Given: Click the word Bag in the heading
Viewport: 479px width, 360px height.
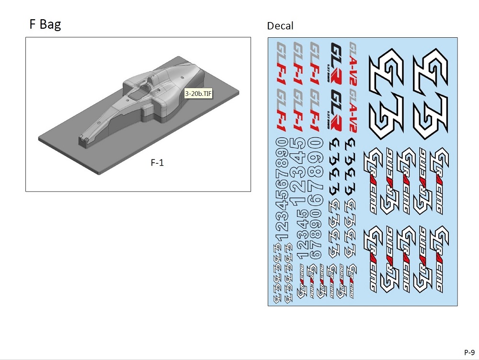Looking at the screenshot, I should pos(50,24).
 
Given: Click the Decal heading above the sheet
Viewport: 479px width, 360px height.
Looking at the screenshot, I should pos(280,25).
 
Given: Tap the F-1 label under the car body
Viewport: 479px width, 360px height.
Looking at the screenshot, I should pos(157,163).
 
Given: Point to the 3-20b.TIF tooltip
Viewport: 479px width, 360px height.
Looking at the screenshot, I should pos(198,94).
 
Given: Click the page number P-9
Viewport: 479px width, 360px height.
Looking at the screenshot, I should pos(469,352).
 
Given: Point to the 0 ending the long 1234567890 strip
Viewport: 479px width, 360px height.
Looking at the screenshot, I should pos(283,143).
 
